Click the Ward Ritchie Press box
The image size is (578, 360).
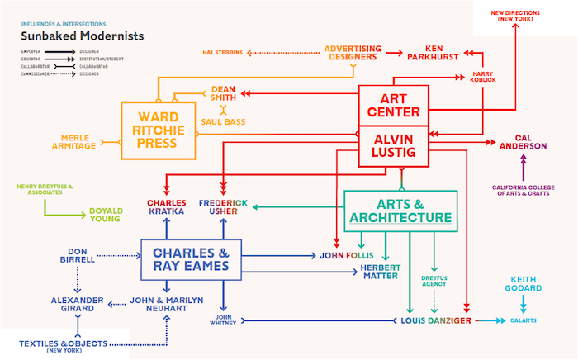tap(159, 130)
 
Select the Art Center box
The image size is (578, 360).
tap(394, 104)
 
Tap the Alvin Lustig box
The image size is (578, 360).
tap(394, 145)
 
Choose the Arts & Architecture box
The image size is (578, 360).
tap(400, 210)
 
